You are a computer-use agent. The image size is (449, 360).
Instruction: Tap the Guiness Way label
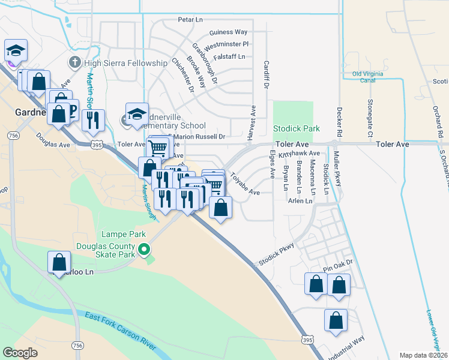(228, 32)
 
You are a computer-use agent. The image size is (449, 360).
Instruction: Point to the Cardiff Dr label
(265, 73)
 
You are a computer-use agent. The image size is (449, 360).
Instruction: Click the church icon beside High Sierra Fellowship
(74, 62)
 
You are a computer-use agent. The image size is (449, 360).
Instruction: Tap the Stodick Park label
(297, 128)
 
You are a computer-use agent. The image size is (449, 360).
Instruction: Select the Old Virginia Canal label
(366, 78)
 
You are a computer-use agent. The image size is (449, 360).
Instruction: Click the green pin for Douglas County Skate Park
(143, 248)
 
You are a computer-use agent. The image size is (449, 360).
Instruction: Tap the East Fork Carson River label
(121, 331)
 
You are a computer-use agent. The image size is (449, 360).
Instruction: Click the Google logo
(20, 353)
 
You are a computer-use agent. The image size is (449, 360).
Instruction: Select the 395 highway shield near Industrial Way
(307, 340)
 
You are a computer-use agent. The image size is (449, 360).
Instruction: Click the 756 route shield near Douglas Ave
(12, 136)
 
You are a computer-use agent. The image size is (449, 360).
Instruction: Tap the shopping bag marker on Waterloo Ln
(59, 263)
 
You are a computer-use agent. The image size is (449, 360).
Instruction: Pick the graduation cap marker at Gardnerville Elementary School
(137, 114)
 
